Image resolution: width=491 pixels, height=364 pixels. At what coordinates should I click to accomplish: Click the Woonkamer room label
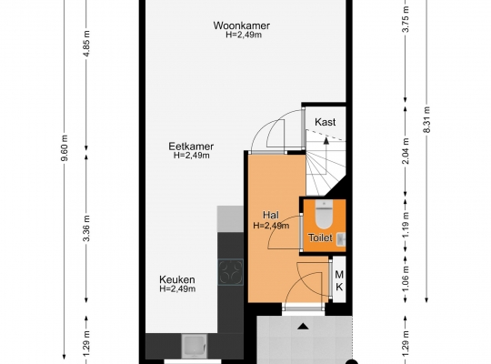point(242,25)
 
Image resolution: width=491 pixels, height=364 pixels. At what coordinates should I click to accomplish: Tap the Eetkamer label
point(191,147)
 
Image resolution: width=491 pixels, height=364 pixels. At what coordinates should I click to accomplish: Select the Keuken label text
point(177,279)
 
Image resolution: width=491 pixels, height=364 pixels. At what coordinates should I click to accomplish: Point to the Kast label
point(325,122)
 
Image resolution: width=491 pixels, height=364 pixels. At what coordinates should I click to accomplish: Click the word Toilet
point(320,238)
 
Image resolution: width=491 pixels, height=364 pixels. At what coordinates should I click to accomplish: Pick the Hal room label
point(271,215)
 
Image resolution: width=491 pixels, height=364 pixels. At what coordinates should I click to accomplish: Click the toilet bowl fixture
point(324,215)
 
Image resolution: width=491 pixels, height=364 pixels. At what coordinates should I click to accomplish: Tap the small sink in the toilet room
point(341,239)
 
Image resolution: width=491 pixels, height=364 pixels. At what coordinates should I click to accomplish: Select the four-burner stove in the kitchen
point(230,272)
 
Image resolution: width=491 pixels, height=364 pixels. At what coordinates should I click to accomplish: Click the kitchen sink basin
point(195,346)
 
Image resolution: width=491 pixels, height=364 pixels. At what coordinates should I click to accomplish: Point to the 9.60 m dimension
point(65,148)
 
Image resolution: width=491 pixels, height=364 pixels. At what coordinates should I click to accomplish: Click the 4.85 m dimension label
point(86,44)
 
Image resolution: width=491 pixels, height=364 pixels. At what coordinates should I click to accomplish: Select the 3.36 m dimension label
point(86,228)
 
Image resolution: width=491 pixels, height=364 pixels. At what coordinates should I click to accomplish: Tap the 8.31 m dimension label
point(426,120)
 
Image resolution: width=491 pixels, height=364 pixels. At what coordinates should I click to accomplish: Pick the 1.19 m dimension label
point(406,225)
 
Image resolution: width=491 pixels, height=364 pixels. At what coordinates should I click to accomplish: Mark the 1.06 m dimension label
point(406,278)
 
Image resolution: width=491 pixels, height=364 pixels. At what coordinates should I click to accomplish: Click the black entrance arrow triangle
point(303,327)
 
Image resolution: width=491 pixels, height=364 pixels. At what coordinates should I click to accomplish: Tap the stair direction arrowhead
point(326,140)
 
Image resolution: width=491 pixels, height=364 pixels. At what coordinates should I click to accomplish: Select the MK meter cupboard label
point(339,280)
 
